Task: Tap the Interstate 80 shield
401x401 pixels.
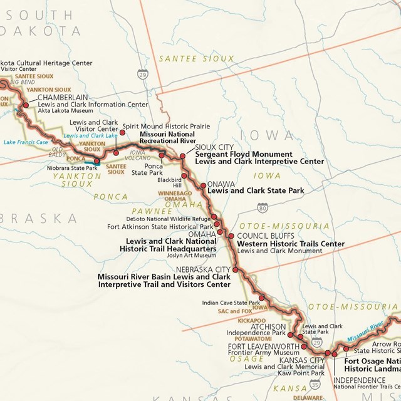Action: pos(261,208)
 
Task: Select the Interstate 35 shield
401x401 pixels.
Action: pos(314,383)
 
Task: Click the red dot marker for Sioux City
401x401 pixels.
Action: pos(183,156)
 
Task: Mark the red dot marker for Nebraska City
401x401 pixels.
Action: pos(236,269)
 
